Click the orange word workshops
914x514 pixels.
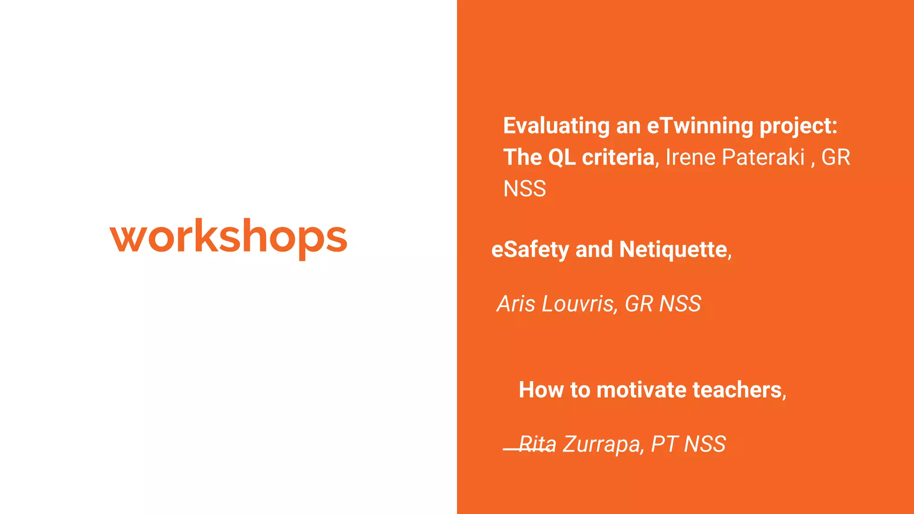pos(228,236)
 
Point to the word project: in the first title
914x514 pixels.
pos(798,126)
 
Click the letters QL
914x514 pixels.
pos(561,158)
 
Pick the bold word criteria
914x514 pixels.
pos(618,158)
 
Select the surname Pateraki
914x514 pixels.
pos(763,158)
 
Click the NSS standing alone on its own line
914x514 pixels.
pos(524,189)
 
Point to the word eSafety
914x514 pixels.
pos(530,250)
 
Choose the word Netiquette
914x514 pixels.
pos(673,250)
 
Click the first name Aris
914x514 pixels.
pos(516,304)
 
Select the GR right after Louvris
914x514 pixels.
pos(639,304)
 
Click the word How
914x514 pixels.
pos(541,390)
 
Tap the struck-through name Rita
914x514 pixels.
pos(537,444)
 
